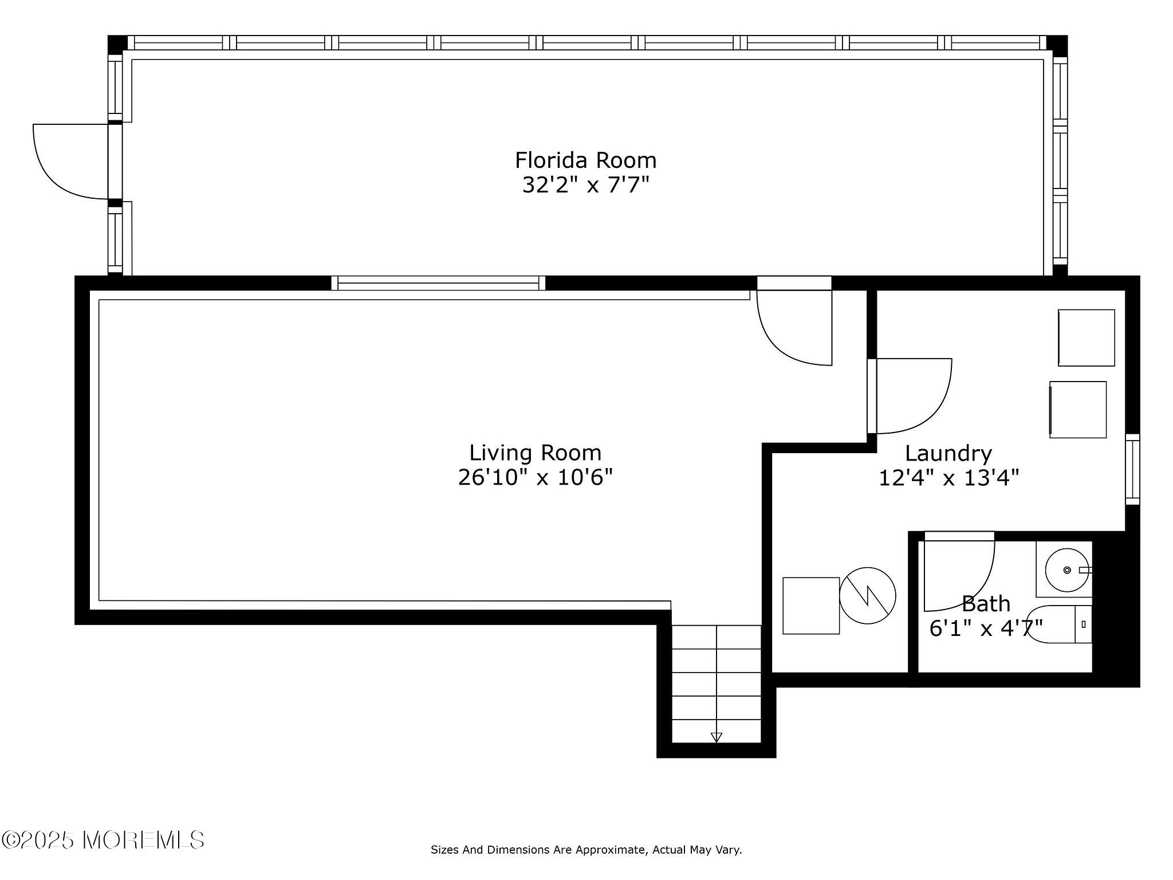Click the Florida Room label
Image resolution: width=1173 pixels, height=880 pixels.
tap(585, 160)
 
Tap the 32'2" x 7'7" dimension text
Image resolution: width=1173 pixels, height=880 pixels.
tap(585, 186)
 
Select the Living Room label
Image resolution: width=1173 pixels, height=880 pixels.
tap(536, 453)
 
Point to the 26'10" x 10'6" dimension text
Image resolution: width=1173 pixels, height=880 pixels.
tap(536, 478)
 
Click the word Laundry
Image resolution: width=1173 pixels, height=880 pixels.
tap(948, 454)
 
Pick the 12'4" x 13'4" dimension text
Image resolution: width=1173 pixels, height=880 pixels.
tap(949, 478)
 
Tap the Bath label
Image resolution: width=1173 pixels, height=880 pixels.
tap(985, 604)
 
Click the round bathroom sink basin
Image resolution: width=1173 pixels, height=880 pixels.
tap(1066, 570)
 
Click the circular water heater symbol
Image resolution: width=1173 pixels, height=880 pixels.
tap(867, 595)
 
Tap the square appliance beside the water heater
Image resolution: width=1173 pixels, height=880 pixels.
tap(811, 606)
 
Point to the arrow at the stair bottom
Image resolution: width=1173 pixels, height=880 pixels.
tap(716, 737)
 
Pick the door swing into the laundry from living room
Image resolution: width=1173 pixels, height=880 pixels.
tap(911, 395)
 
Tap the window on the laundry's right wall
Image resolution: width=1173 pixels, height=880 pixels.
tap(1132, 469)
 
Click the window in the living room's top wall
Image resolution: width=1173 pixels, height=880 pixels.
tap(438, 283)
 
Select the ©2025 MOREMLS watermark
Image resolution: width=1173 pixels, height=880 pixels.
tap(103, 840)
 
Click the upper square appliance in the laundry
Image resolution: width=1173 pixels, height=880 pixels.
tap(1086, 337)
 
